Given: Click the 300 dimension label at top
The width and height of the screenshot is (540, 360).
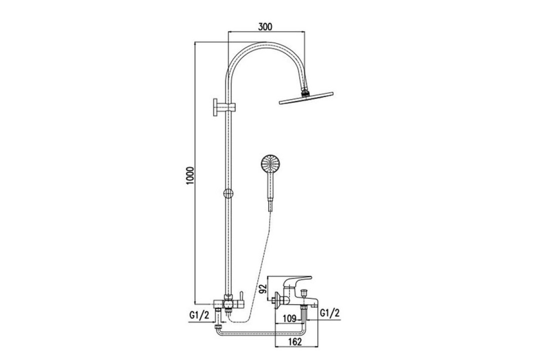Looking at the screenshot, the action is (x=265, y=27).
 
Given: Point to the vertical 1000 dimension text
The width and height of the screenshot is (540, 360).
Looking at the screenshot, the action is (x=190, y=175).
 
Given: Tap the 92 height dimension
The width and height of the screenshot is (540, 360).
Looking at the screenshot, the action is (x=263, y=288).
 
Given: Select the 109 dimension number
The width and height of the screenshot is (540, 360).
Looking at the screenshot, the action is (x=289, y=319).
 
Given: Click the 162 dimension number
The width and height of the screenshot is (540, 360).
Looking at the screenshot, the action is (x=295, y=342).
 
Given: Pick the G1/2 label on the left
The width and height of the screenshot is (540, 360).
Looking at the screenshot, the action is (x=199, y=315).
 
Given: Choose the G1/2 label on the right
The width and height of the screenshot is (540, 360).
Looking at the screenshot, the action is (x=330, y=313).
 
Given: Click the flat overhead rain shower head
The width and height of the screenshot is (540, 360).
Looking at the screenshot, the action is (x=306, y=98).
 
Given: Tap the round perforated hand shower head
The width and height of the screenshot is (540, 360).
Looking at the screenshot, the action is (x=270, y=164).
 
